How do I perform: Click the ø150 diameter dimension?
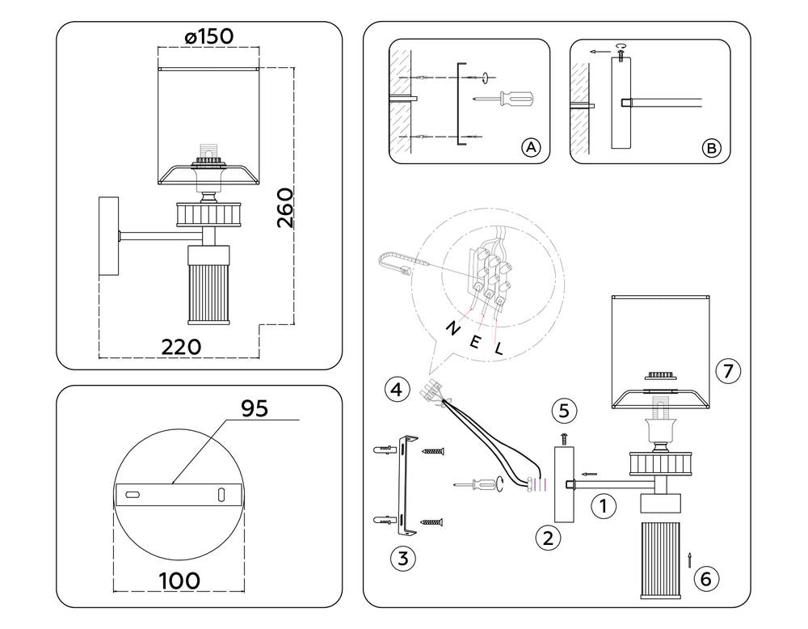[x=208, y=36]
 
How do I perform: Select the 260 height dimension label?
[x=285, y=208]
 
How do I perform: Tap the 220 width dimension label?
[x=181, y=347]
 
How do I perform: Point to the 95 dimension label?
[x=255, y=408]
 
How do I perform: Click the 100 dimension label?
[x=180, y=581]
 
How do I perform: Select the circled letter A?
[x=531, y=148]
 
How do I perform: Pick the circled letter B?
[x=712, y=149]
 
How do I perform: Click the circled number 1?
[x=604, y=506]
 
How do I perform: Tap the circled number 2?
[x=548, y=538]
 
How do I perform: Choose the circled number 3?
[x=403, y=559]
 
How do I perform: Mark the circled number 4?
[x=398, y=389]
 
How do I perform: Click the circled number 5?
[x=564, y=411]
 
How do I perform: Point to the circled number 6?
[x=706, y=579]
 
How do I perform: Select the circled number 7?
[x=728, y=371]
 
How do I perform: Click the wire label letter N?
[x=452, y=328]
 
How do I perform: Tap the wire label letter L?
[x=499, y=349]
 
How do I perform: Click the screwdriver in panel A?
[x=504, y=99]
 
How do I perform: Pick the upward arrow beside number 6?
[x=689, y=560]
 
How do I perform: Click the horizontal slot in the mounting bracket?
[x=133, y=495]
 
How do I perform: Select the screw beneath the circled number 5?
[x=564, y=439]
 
